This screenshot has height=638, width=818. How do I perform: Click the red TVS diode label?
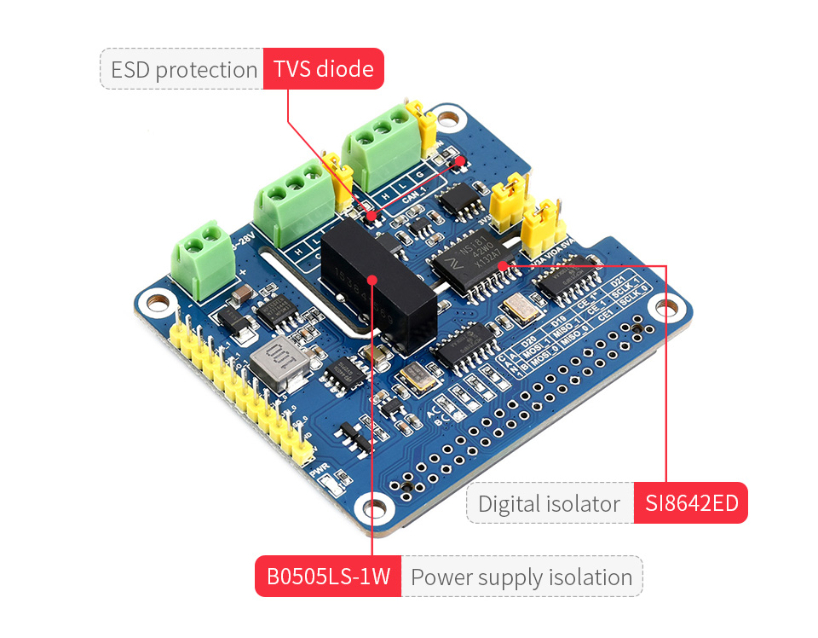[324, 69]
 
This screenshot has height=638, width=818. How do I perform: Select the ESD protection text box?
[183, 69]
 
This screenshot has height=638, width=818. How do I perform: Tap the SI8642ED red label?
[690, 503]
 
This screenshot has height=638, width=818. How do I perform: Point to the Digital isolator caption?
[550, 503]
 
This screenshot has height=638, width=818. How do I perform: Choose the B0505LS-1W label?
[328, 577]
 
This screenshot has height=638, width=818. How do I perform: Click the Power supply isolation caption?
[521, 577]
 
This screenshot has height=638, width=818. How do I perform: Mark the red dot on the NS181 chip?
[503, 266]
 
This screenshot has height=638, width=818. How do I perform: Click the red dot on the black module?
[372, 278]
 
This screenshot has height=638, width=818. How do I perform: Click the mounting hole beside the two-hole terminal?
[156, 301]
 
